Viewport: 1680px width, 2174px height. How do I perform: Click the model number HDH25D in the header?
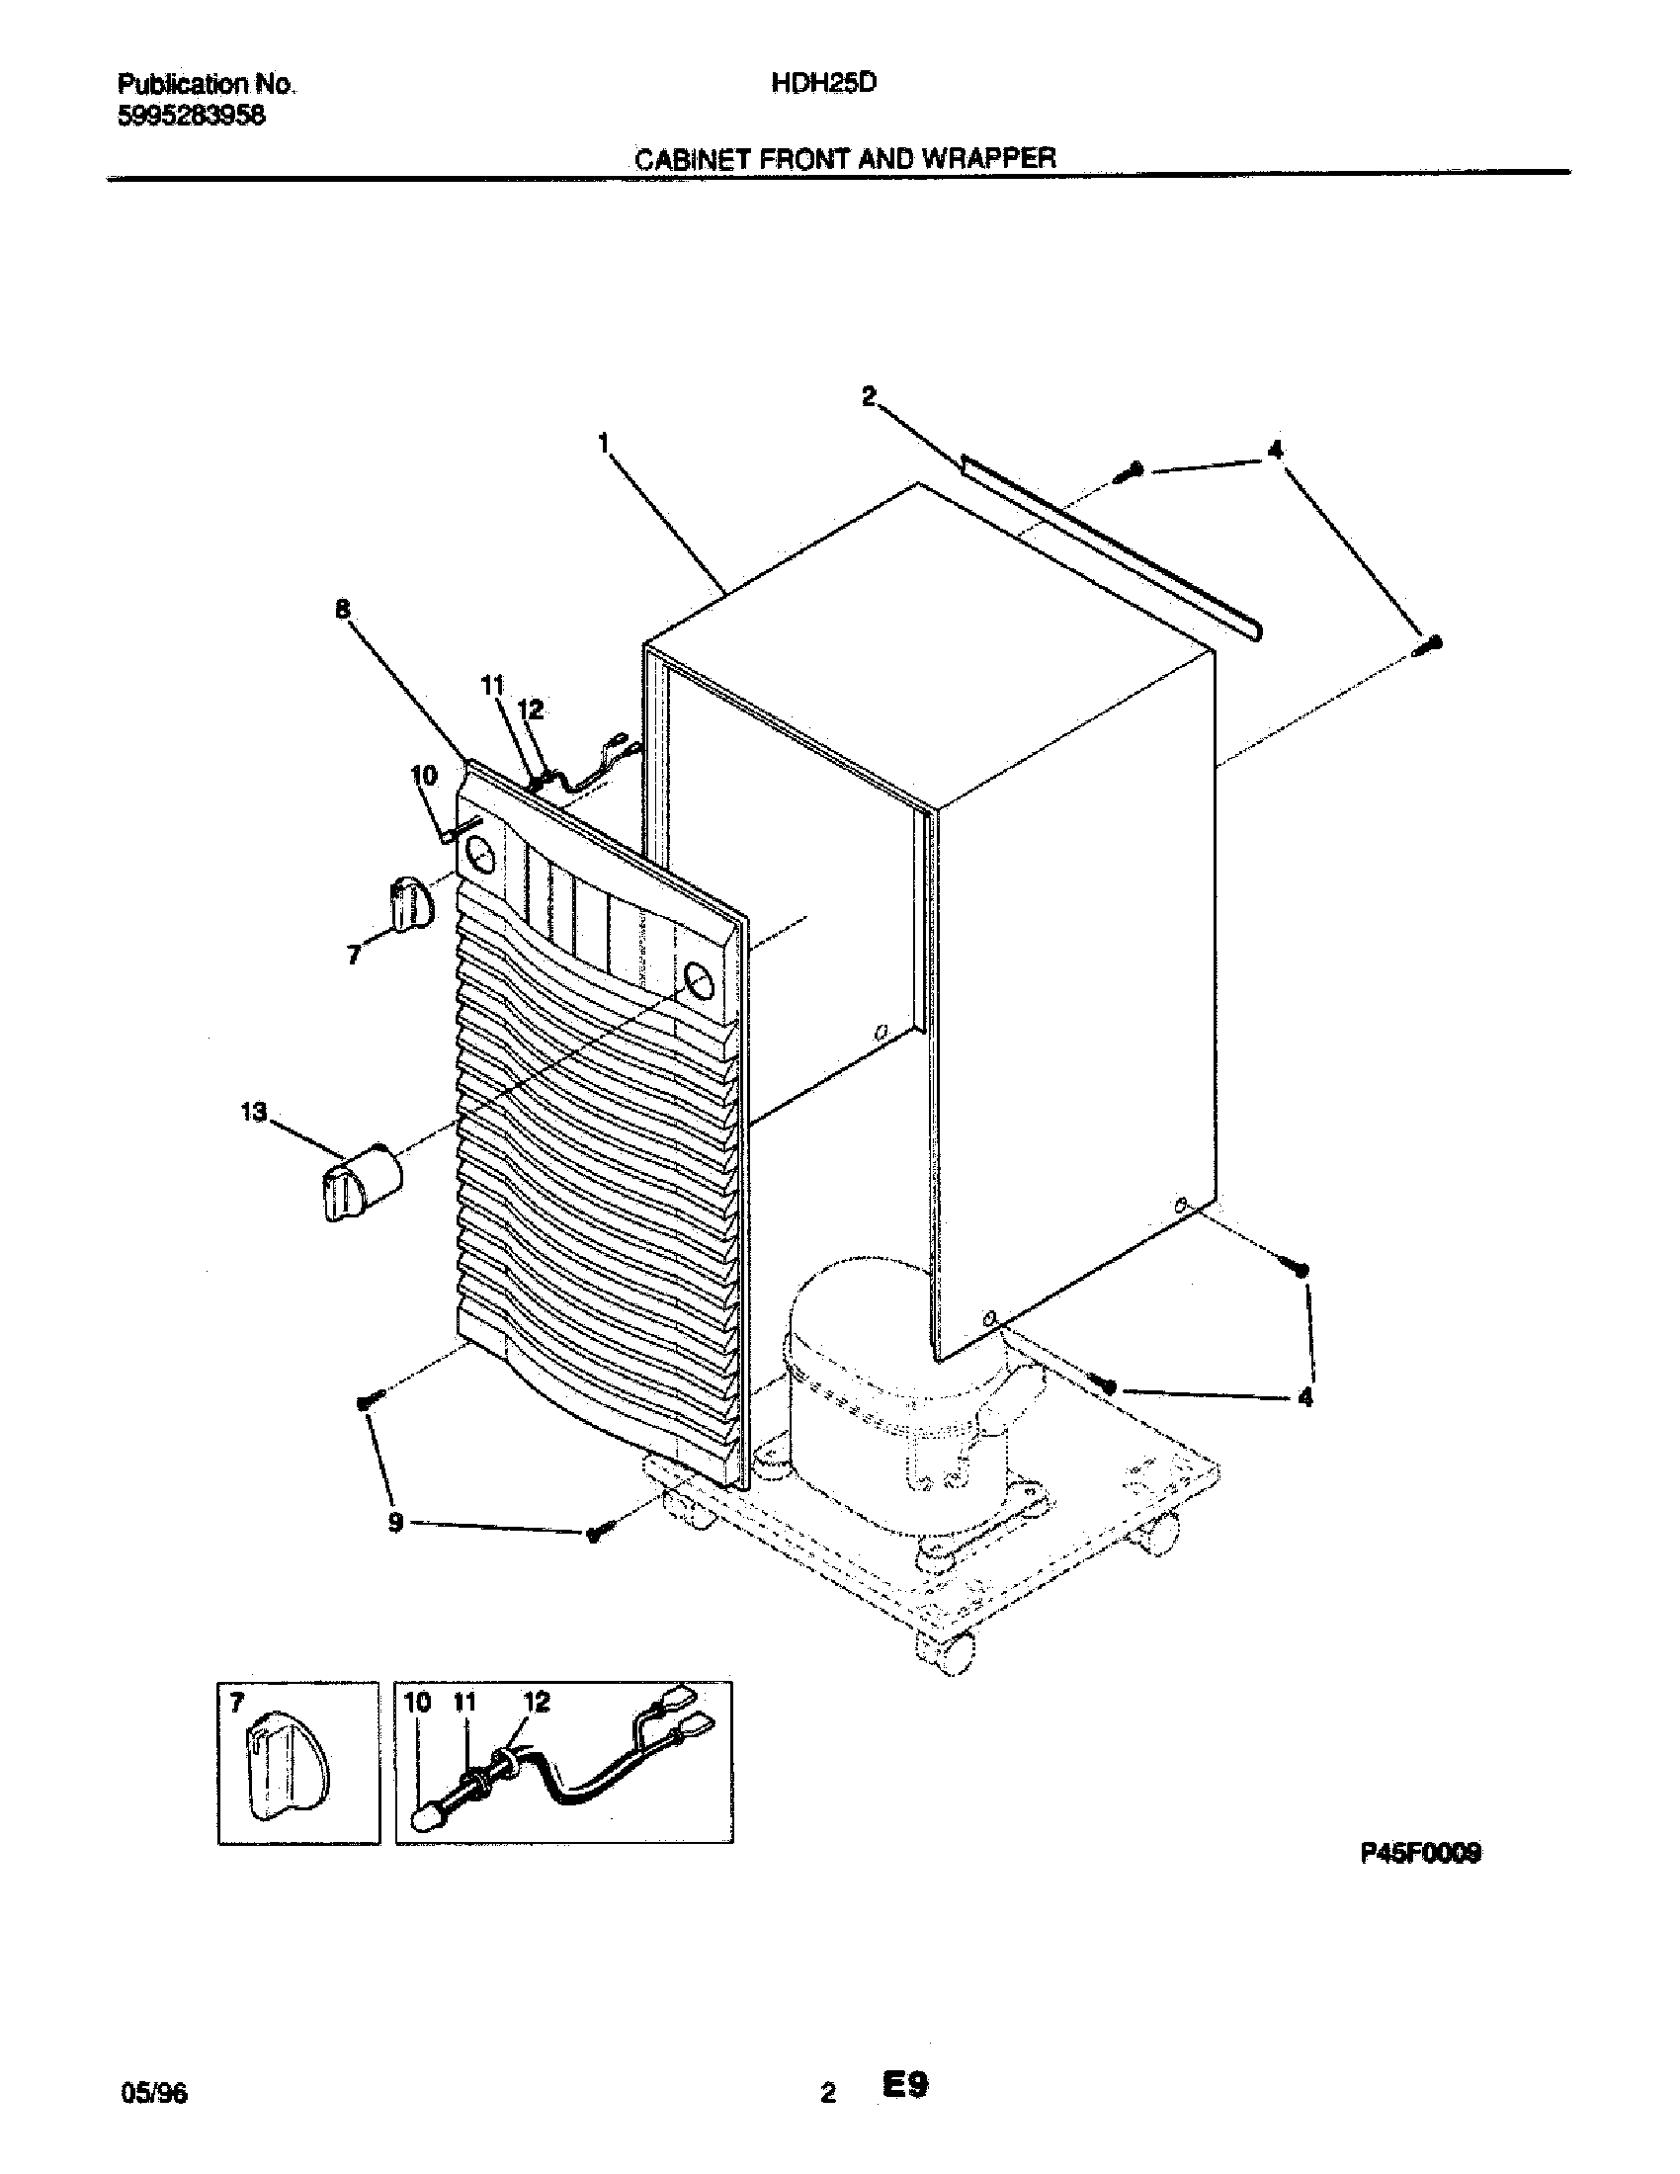[823, 84]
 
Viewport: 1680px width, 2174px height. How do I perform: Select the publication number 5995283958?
[191, 116]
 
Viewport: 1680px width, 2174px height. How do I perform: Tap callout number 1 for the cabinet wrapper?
[603, 443]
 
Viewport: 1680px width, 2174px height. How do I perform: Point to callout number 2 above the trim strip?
[869, 396]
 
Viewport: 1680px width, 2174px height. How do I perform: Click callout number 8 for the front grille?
[342, 609]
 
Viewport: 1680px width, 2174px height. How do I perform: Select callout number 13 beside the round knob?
[254, 1112]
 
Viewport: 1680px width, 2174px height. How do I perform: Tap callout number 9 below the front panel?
[395, 1523]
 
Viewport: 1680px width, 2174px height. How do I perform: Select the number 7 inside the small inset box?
[236, 1704]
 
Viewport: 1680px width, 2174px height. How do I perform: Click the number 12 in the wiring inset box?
[536, 1703]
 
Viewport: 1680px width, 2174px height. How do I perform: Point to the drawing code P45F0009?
[1420, 1853]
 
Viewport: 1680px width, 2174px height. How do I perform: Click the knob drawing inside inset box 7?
[289, 1767]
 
